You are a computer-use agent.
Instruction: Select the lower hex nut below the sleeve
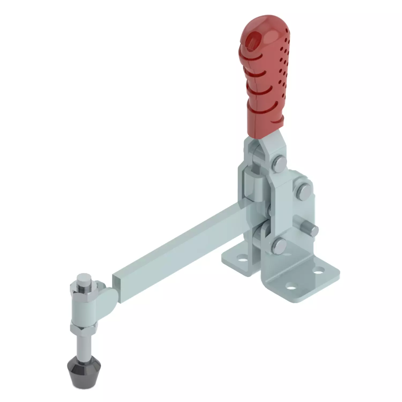pos(82,327)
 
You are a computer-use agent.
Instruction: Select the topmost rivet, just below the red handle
pos(280,163)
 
